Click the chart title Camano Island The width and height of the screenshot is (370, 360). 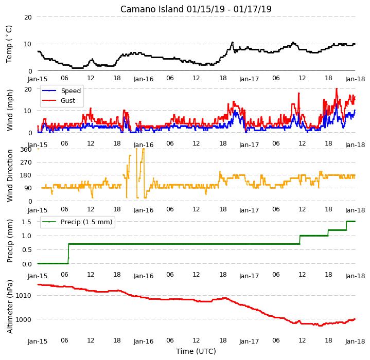(152, 9)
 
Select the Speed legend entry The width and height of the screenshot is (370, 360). (71, 91)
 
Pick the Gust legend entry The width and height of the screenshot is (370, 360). (68, 101)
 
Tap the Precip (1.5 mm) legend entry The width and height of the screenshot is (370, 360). (86, 222)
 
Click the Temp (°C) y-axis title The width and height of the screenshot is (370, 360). (9, 44)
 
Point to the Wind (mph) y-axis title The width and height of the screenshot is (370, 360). (10, 111)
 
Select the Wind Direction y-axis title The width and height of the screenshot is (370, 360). (10, 176)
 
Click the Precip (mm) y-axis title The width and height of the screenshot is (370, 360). (10, 241)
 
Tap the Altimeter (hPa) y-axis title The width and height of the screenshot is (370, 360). (10, 307)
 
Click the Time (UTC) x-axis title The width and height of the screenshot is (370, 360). (196, 351)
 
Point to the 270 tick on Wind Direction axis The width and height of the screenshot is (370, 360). (26, 163)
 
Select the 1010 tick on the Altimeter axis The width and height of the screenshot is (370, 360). (23, 295)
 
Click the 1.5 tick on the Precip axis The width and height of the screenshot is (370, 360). (27, 222)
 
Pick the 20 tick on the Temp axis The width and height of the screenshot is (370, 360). (28, 17)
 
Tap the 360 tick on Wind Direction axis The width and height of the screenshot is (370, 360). (26, 150)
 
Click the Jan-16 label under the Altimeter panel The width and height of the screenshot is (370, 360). (144, 341)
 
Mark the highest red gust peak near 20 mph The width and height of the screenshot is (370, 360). (337, 88)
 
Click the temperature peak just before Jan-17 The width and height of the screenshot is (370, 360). (233, 42)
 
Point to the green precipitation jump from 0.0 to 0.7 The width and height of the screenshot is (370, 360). (68, 254)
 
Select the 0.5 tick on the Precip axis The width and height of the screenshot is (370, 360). (27, 249)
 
